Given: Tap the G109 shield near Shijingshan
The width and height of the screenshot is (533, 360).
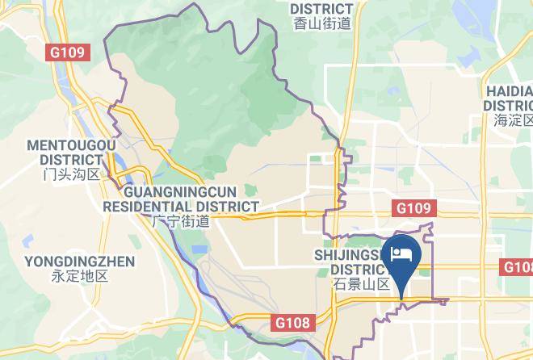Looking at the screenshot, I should click(x=415, y=208).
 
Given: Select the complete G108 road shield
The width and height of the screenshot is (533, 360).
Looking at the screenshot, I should click(x=291, y=323).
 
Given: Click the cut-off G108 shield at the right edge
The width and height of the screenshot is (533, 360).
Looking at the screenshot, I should click(x=518, y=267).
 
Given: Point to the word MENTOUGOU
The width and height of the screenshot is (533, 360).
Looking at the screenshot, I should click(x=71, y=145).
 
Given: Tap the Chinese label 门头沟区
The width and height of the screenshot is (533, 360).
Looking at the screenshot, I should click(x=71, y=174).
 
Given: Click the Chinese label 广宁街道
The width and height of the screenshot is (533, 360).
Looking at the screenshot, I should click(x=181, y=221).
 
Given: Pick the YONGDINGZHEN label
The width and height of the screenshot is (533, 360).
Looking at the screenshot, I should click(x=79, y=262).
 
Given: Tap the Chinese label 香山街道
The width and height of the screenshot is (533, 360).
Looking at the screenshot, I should click(x=321, y=24).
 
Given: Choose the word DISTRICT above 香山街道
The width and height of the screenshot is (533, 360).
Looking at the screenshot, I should click(x=321, y=9).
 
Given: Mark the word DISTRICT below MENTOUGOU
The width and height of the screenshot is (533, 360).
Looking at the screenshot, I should click(x=71, y=160).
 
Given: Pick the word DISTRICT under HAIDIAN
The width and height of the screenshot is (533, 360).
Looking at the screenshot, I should click(x=509, y=106).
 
